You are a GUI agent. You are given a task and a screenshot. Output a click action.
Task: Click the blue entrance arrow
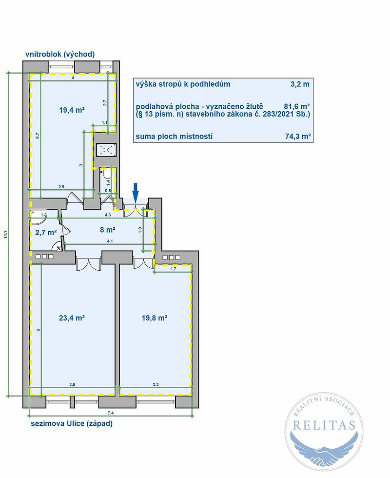click(136, 192)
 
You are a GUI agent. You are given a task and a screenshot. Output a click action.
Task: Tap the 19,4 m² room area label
click(72, 110)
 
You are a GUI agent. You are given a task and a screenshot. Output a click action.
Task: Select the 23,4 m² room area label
click(72, 318)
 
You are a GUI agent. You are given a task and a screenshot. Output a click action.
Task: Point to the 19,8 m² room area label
click(155, 318)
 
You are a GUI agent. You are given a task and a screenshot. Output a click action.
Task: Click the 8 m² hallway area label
click(108, 230)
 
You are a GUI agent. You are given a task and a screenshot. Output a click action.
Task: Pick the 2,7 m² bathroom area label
click(46, 233)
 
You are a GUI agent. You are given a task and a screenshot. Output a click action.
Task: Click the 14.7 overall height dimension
click(5, 234)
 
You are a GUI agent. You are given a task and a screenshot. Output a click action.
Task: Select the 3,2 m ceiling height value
click(300, 84)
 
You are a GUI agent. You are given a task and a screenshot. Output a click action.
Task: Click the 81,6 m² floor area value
click(297, 106)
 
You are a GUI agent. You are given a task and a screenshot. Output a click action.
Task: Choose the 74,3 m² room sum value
click(298, 136)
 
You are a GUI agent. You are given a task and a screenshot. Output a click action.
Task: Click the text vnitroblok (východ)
click(60, 54)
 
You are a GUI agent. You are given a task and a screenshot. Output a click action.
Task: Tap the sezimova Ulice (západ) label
click(72, 423)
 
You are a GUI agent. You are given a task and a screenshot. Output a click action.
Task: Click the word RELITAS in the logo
click(324, 425)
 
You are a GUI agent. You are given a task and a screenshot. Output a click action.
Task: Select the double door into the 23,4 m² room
click(88, 264)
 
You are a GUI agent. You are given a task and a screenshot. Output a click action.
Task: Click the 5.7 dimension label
click(38, 136)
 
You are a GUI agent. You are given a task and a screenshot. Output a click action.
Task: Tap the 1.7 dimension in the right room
click(174, 269)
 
